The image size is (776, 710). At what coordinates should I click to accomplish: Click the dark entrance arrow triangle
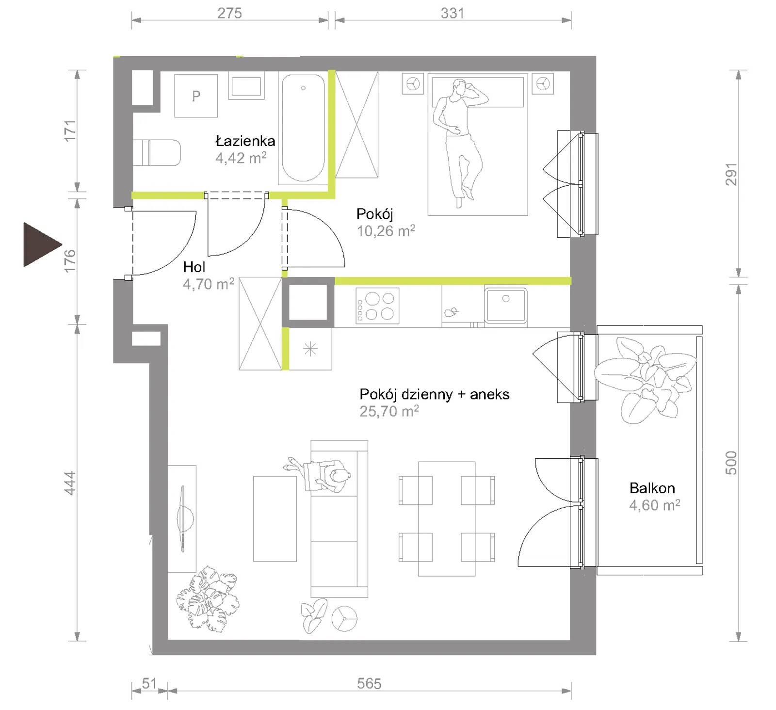40,245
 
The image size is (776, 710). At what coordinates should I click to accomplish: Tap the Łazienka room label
245,141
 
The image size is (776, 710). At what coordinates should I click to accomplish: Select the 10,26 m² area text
386,230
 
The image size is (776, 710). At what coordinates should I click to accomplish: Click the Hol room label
194,267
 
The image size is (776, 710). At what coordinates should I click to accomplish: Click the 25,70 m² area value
389,411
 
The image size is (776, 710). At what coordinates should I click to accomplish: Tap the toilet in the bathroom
157,153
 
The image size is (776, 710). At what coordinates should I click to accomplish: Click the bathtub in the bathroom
304,128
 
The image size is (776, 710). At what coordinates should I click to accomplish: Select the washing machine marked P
196,96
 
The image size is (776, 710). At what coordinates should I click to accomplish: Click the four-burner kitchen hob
377,306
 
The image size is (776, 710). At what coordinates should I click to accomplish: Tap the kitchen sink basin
506,305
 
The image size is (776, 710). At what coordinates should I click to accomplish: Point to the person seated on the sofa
320,475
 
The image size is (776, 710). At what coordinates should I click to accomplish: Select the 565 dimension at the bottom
369,683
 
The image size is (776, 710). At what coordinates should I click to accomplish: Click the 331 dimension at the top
452,13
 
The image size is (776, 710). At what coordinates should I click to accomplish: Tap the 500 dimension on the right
731,463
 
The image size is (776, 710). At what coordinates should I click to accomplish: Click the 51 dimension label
149,683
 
